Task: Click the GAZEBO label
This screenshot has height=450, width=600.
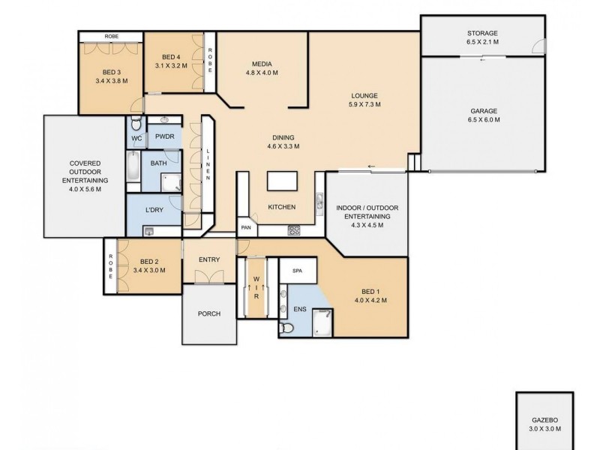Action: coord(545,421)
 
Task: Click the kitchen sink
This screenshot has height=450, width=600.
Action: coord(319,201)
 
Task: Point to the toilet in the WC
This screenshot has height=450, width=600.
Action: coord(134,124)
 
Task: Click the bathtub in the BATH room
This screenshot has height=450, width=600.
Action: coord(133,166)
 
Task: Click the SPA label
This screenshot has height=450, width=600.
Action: coord(298,271)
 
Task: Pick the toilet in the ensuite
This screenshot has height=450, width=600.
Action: coord(284,328)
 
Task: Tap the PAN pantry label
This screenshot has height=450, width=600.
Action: coord(246,228)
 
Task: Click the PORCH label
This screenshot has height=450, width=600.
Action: coord(210,313)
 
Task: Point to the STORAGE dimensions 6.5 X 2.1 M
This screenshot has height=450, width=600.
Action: coord(483,43)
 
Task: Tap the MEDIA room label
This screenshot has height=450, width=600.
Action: coord(262,64)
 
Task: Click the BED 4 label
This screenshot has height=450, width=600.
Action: coord(172,57)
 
